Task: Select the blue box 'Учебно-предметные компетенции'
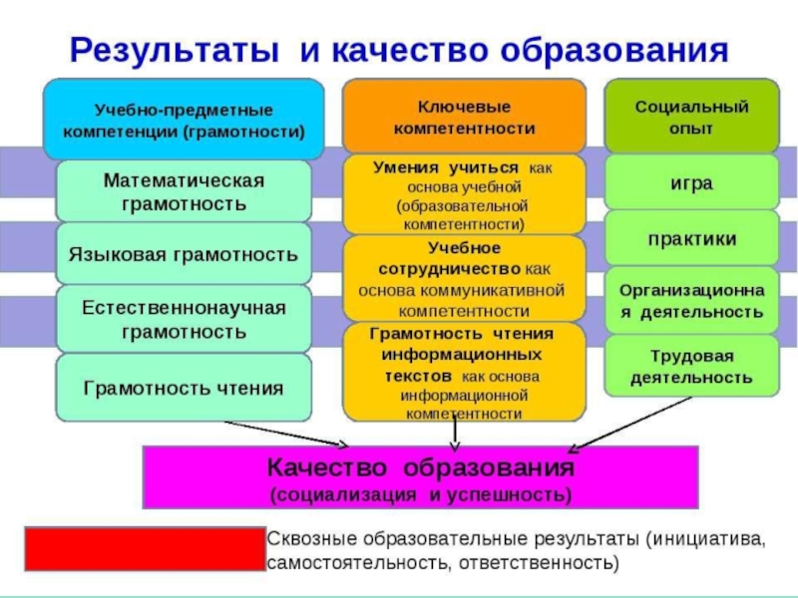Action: [184, 119]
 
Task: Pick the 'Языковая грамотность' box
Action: [184, 255]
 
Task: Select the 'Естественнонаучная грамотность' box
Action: [184, 318]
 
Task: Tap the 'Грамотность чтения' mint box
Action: [184, 387]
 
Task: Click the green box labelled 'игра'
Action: [691, 183]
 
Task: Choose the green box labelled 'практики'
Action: [691, 239]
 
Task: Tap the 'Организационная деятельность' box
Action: [691, 300]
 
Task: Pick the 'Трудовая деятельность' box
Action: [691, 367]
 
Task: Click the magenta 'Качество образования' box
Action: [420, 477]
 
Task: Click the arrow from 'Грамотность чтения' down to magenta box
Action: [289, 434]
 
